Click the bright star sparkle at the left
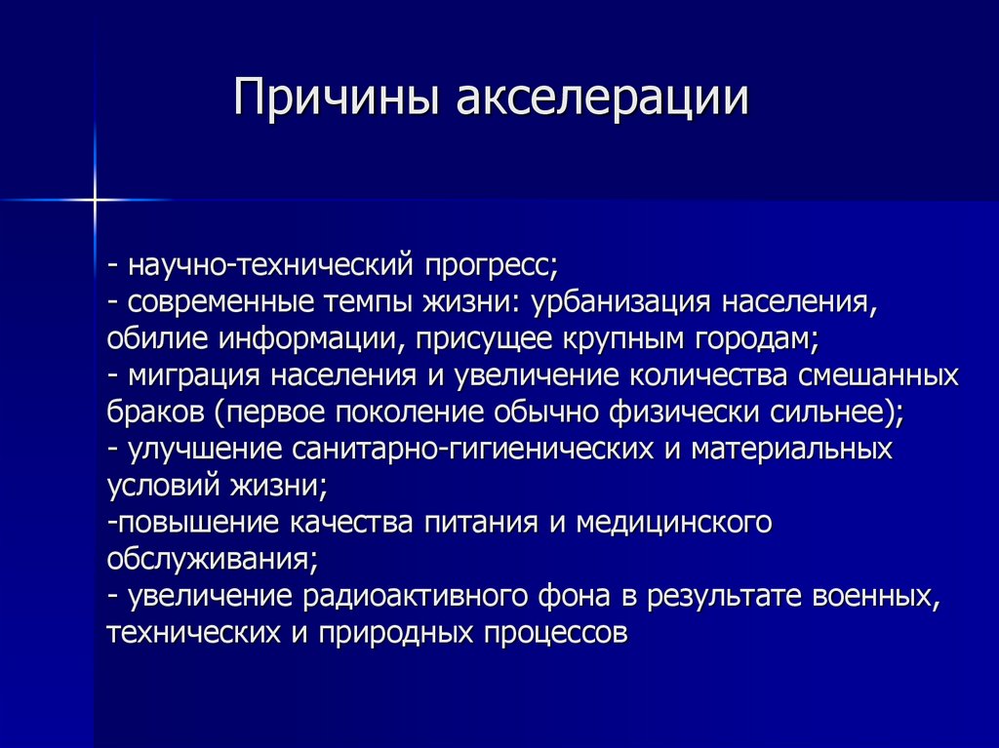(x=95, y=200)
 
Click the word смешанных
(x=877, y=375)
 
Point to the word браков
(x=154, y=412)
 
